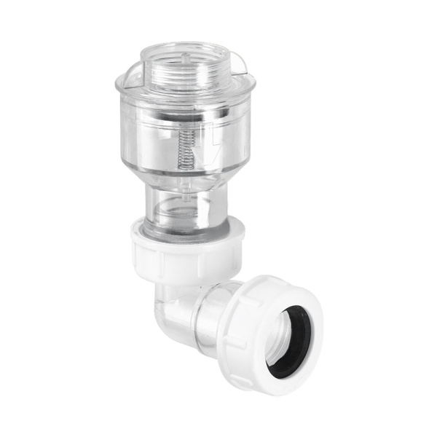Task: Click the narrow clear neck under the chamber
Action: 187,208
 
